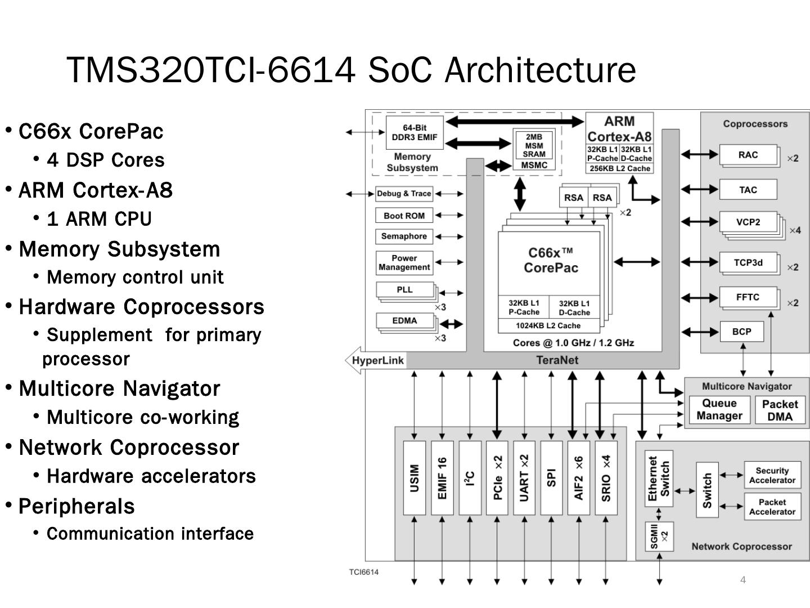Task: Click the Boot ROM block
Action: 404,216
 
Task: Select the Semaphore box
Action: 404,236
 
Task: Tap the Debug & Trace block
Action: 404,194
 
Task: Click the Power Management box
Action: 404,262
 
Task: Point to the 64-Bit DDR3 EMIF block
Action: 414,132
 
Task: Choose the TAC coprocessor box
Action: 748,190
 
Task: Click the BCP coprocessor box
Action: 741,332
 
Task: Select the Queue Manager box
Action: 719,410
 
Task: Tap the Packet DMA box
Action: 780,410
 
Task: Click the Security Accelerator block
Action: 772,475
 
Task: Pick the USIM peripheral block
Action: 415,478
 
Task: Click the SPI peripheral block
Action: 551,478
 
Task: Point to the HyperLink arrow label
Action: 377,360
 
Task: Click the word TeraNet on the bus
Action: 557,360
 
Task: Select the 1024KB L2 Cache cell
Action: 548,325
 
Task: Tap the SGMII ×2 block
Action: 659,536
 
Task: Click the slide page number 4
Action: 742,580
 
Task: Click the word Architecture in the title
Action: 540,70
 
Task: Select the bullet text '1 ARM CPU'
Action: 100,218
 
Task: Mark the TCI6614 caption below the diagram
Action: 363,572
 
